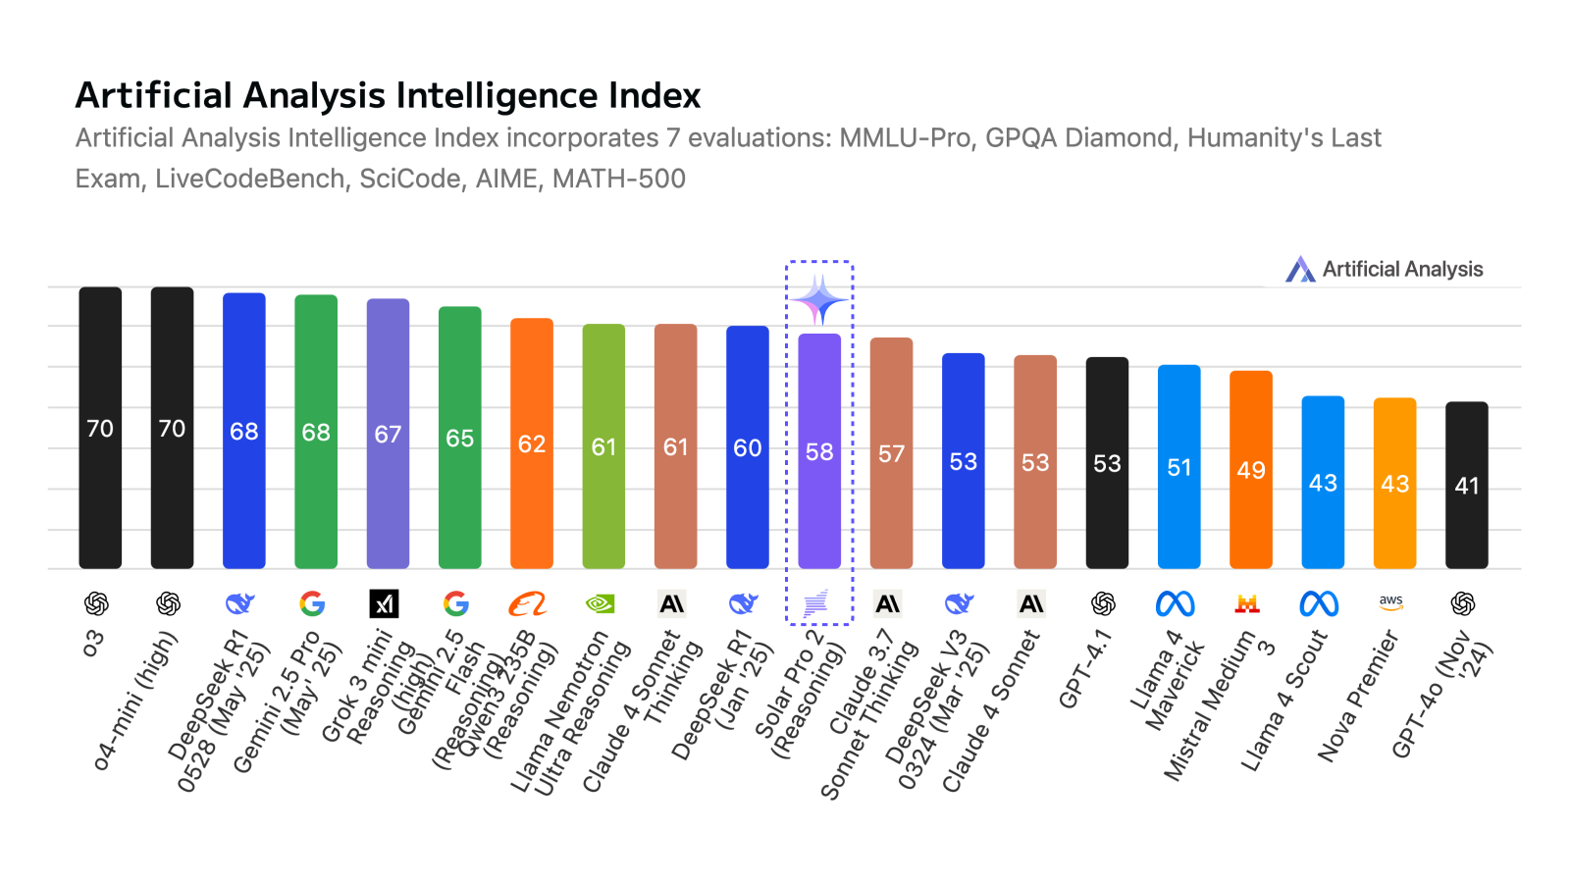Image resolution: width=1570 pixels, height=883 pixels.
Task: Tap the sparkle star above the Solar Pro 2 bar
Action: point(819,300)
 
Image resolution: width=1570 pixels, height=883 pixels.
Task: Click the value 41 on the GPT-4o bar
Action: point(1467,486)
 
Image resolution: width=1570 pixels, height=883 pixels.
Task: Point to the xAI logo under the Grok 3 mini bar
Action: point(384,603)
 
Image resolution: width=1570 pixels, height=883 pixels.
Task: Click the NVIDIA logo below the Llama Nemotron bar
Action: point(600,603)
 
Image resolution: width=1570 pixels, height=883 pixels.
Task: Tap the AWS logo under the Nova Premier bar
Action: point(1391,602)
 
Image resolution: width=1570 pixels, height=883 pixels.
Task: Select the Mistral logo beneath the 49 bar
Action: point(1247,603)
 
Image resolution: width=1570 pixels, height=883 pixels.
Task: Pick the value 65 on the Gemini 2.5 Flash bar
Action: point(459,439)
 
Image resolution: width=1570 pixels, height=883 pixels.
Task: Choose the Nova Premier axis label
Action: point(1358,698)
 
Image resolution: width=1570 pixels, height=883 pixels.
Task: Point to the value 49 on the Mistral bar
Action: point(1251,470)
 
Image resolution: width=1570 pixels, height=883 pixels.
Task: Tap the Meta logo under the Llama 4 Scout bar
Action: point(1319,603)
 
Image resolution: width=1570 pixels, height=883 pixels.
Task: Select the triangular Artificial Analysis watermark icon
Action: point(1300,269)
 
